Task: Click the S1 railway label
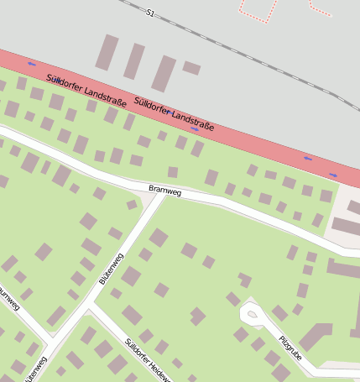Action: [x=150, y=13]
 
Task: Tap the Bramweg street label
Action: [x=164, y=191]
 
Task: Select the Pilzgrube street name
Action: [x=290, y=347]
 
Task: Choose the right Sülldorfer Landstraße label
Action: [x=175, y=116]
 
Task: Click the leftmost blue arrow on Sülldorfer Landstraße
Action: [x=32, y=64]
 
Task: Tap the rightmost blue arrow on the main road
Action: [x=333, y=175]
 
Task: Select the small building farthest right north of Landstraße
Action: [x=191, y=68]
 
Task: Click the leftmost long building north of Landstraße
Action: [x=107, y=52]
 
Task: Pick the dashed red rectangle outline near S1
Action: [x=258, y=8]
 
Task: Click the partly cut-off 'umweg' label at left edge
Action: [x=8, y=299]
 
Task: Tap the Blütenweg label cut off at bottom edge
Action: [x=35, y=369]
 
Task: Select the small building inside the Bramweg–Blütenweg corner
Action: [x=132, y=205]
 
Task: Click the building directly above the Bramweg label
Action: [x=172, y=172]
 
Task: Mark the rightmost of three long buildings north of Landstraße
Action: [x=163, y=73]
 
